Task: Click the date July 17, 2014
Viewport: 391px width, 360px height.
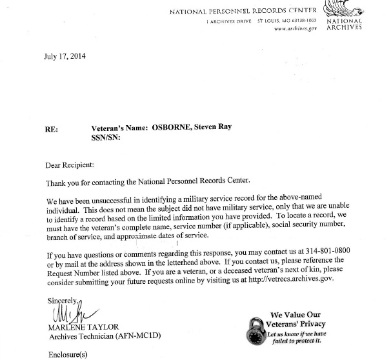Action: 65,57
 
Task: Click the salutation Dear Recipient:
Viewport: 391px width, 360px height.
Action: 74,165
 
